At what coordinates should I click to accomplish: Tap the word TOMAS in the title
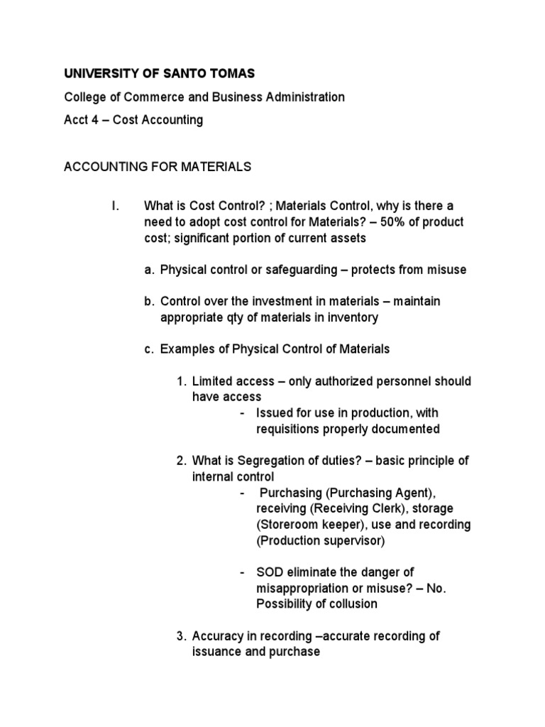coord(234,74)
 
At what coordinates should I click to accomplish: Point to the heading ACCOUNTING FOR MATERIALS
coord(158,167)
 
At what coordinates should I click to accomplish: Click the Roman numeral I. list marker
coord(114,207)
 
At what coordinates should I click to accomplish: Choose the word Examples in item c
coord(185,349)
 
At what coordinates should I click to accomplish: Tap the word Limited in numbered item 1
coord(213,381)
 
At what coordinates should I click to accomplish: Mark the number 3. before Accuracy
coord(182,636)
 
